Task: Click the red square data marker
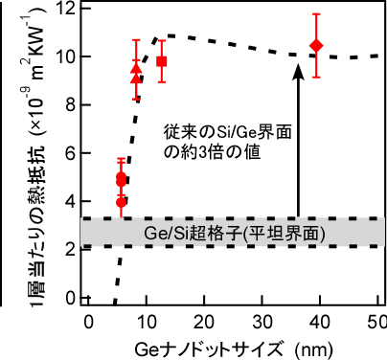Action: (x=162, y=61)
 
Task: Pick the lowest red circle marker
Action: (x=121, y=202)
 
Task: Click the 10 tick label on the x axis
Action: (x=146, y=318)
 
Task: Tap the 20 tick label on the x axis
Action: (x=203, y=318)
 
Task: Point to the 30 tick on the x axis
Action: (x=262, y=318)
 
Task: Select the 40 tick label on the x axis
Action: (x=320, y=318)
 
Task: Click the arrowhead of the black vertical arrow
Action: (x=298, y=67)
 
